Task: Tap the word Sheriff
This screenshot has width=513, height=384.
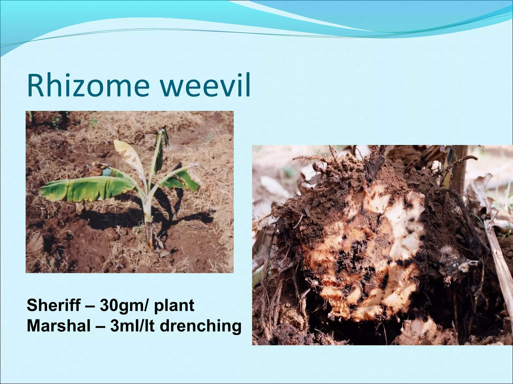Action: (54, 305)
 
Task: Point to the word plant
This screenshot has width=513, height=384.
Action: (174, 306)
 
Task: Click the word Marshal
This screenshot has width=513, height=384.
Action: (59, 326)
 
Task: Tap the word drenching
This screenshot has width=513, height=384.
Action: (200, 326)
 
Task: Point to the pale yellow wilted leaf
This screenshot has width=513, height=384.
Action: (128, 155)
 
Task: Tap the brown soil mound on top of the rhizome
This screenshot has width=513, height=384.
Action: (391, 175)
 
